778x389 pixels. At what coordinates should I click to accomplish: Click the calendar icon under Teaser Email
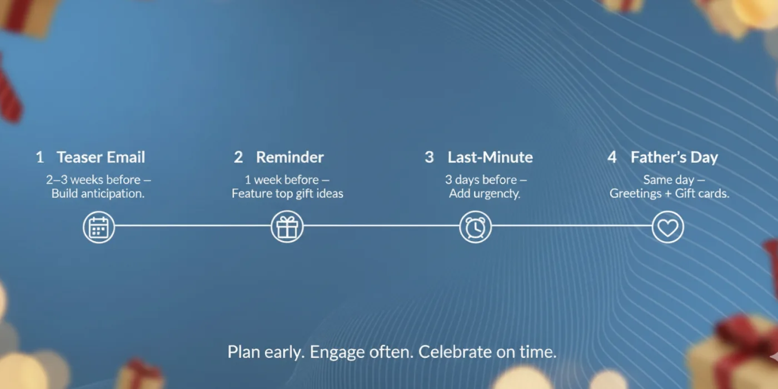99,227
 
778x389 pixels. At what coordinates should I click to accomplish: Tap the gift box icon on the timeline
287,227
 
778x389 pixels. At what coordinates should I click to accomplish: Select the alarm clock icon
476,227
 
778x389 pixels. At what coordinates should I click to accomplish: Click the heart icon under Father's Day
667,227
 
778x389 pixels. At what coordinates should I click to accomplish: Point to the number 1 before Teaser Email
40,157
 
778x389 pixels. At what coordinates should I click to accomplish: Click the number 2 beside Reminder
238,157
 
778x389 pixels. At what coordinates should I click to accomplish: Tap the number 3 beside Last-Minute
429,157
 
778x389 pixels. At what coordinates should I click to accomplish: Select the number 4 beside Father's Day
612,157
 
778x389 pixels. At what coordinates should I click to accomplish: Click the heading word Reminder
290,157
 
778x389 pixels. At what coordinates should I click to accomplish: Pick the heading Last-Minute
490,157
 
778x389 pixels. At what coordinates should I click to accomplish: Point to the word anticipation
112,193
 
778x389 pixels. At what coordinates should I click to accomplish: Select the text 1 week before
282,179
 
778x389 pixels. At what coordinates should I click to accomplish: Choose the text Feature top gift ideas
287,193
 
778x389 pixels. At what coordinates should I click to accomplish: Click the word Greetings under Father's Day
636,194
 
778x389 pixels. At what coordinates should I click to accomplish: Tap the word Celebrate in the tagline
455,352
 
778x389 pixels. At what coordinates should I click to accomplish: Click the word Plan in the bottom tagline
243,352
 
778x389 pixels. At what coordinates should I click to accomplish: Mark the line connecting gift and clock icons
381,226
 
